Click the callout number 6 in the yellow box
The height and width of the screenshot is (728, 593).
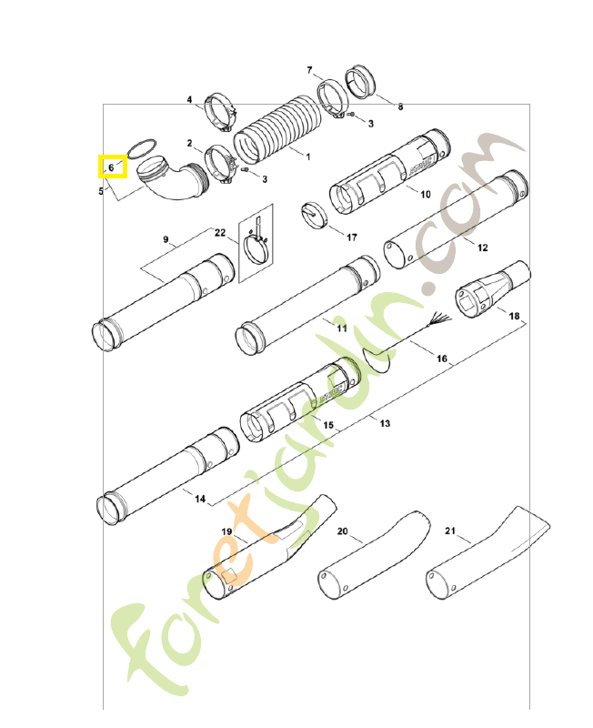111,167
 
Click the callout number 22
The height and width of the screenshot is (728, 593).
220,233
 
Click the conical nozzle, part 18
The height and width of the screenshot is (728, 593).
491,288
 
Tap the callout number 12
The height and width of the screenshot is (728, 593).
482,248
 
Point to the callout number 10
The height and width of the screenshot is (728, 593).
425,194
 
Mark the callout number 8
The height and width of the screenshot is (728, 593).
400,107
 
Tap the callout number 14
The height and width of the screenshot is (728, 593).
200,499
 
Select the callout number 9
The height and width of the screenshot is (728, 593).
166,239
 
